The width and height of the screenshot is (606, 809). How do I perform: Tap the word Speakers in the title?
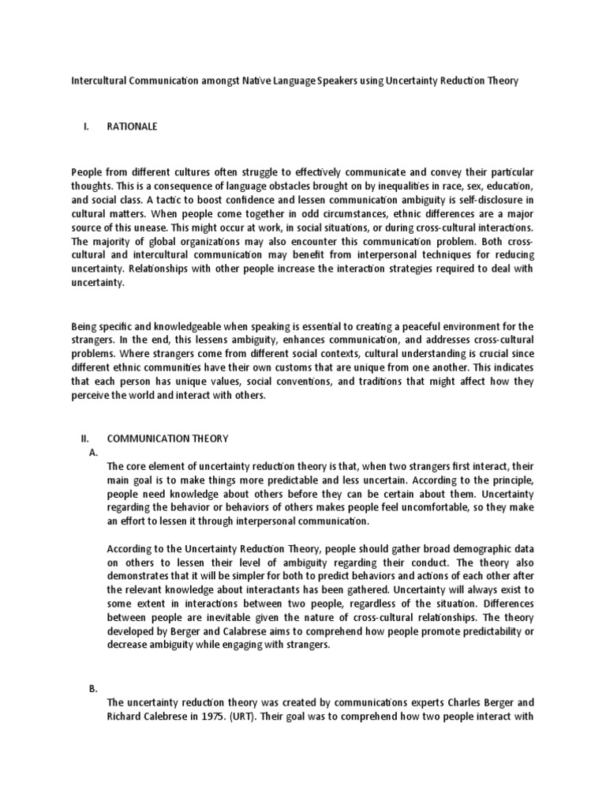(335, 81)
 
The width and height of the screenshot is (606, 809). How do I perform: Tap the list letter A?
(93, 452)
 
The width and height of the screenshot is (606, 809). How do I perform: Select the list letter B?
(93, 689)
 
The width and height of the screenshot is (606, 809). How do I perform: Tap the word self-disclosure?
(473, 199)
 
